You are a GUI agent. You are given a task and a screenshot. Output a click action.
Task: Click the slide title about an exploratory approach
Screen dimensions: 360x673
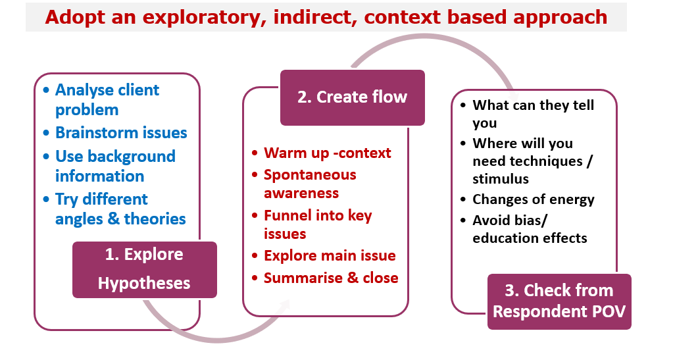[x=326, y=17]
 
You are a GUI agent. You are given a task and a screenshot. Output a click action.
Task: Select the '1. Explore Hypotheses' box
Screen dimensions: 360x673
[x=144, y=269]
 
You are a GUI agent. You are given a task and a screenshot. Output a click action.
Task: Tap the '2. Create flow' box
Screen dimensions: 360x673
[x=352, y=97]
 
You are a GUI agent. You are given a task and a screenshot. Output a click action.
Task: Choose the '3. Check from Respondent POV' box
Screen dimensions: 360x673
[x=559, y=301]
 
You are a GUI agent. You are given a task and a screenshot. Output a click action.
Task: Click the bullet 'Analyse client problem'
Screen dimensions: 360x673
[x=107, y=99]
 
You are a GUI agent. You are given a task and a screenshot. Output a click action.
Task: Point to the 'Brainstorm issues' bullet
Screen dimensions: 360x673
[x=121, y=132]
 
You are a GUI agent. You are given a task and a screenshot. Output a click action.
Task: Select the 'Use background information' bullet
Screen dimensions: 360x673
[x=115, y=166]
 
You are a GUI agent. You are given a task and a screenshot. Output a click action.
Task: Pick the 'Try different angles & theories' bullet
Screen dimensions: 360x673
[x=120, y=209]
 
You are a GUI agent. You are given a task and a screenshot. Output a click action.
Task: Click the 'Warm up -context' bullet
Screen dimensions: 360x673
[x=327, y=153]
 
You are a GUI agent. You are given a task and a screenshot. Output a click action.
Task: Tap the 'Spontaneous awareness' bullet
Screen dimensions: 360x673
[x=309, y=184]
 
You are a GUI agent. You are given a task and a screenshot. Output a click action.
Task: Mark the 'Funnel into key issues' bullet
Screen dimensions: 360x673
[x=317, y=224]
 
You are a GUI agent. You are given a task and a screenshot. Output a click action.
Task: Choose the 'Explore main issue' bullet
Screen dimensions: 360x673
[x=330, y=255]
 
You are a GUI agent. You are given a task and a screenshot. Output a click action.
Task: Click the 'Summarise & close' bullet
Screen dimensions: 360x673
[x=331, y=278]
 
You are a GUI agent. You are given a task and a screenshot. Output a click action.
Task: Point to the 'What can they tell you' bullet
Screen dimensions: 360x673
[x=533, y=114]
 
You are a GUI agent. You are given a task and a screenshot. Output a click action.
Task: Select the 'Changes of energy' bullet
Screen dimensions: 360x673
[x=533, y=199]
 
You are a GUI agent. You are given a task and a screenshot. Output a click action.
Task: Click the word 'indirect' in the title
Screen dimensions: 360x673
[x=318, y=17]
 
